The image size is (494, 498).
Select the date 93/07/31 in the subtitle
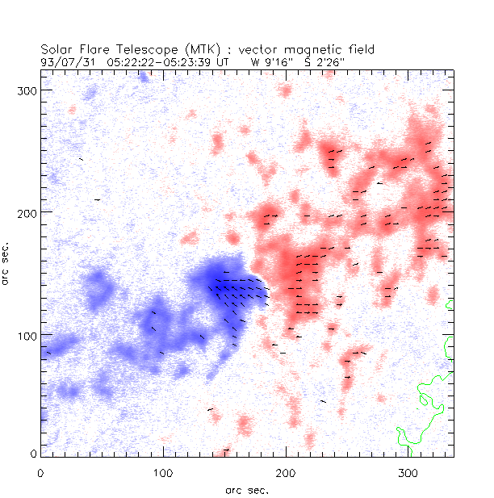pyautogui.click(x=65, y=61)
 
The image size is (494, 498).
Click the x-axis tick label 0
pyautogui.click(x=40, y=471)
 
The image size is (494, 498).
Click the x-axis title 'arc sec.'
pyautogui.click(x=247, y=489)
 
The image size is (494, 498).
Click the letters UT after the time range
pyautogui.click(x=222, y=61)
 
